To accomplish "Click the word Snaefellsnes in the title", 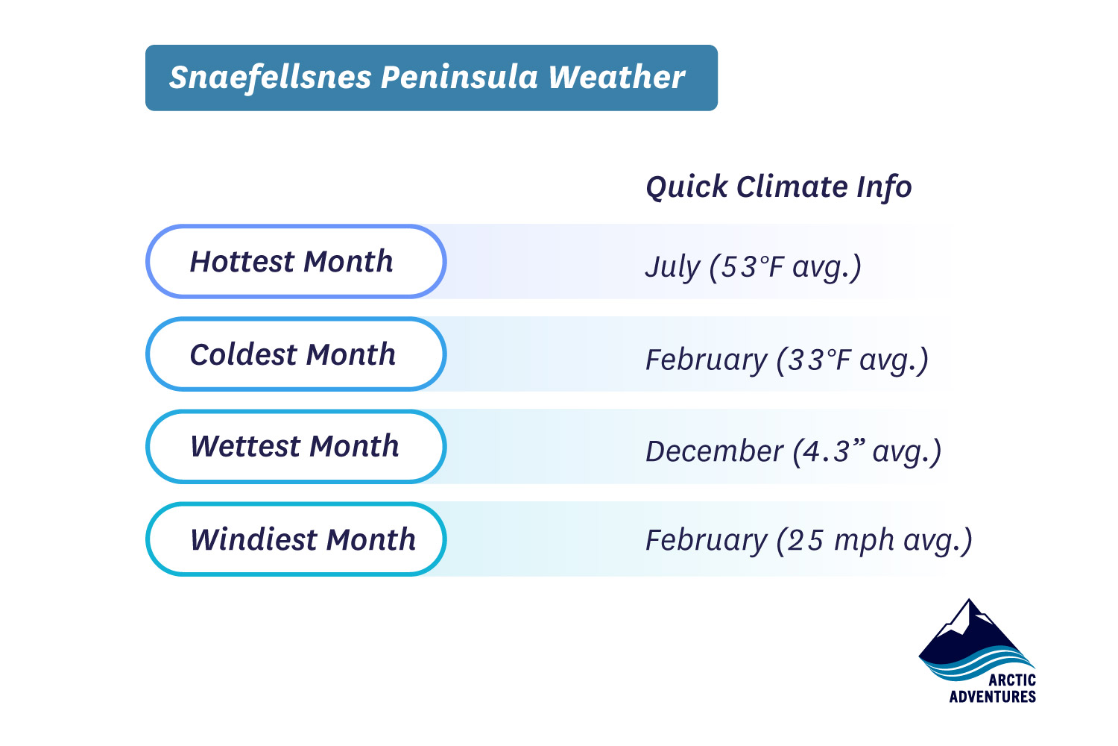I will coord(270,78).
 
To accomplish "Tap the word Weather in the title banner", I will coord(616,78).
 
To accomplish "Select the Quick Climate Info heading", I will coord(778,186).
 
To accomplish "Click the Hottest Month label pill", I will coord(295,262).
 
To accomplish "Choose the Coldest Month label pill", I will coord(295,354).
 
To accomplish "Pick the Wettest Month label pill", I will coord(295,446).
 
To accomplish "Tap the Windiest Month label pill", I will coord(295,539).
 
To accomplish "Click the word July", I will coord(672,267).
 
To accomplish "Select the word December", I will coord(713,451).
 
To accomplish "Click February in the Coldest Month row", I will coord(706,360).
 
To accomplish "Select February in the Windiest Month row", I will coord(706,540).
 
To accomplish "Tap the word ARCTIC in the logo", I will coord(1011,680).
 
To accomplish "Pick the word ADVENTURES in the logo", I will coord(992,697).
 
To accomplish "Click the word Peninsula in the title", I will coord(459,78).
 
